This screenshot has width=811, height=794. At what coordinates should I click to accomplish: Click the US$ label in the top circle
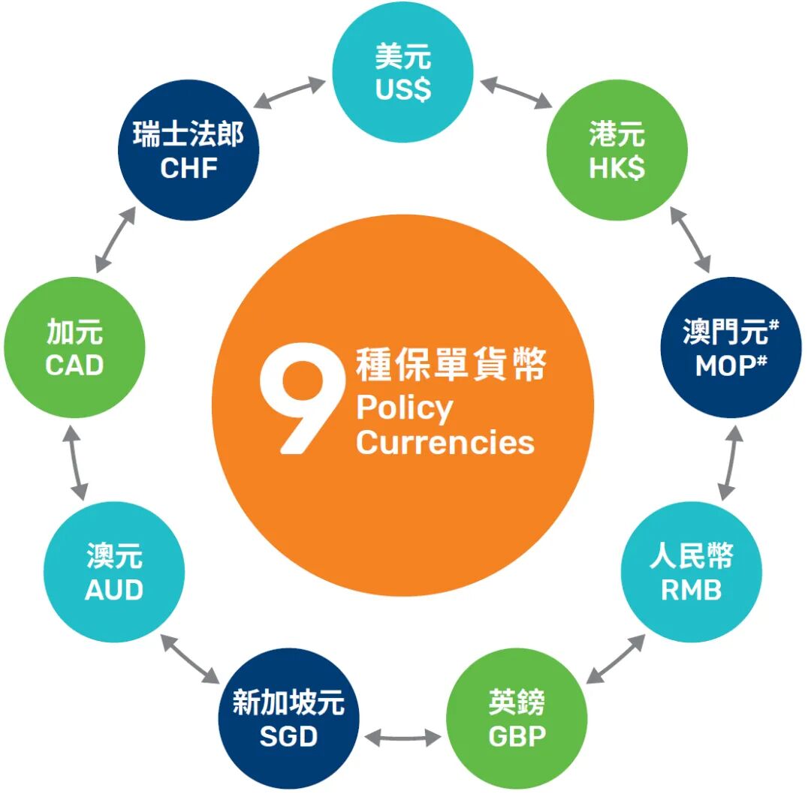tap(403, 91)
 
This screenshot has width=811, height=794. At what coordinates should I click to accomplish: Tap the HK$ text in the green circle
tap(617, 169)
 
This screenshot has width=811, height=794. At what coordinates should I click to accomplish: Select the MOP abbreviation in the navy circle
tap(725, 365)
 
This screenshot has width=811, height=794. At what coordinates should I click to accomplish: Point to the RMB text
tap(691, 590)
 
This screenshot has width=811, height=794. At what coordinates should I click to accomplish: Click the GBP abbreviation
tap(517, 736)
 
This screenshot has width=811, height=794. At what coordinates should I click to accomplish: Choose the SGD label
tap(288, 736)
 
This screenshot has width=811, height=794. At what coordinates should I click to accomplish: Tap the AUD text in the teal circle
tap(113, 590)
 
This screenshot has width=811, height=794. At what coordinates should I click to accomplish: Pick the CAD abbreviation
tap(74, 365)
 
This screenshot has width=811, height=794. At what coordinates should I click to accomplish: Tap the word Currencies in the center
tap(445, 442)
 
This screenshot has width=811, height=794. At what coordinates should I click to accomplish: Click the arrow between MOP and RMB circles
tap(730, 463)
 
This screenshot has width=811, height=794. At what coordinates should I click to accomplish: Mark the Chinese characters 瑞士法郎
tap(188, 136)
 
